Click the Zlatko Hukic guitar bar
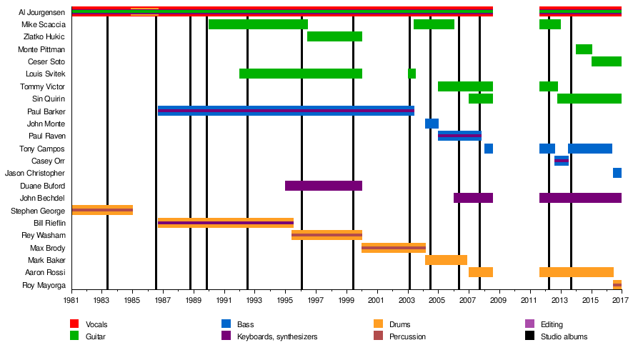click(x=334, y=36)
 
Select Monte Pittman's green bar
click(x=584, y=49)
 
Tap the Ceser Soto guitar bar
click(x=606, y=61)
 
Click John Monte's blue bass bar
click(x=432, y=124)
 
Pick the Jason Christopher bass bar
click(x=617, y=173)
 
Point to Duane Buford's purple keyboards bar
click(x=323, y=186)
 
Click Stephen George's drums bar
click(x=102, y=210)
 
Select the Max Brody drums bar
click(x=393, y=248)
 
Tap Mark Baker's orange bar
click(x=446, y=260)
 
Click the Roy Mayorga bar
click(x=617, y=285)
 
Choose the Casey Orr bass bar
click(x=561, y=161)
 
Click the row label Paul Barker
click(x=46, y=111)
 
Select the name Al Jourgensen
click(x=42, y=12)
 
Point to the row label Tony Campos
click(x=46, y=149)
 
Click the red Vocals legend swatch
click(x=74, y=324)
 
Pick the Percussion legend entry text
click(x=409, y=336)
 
